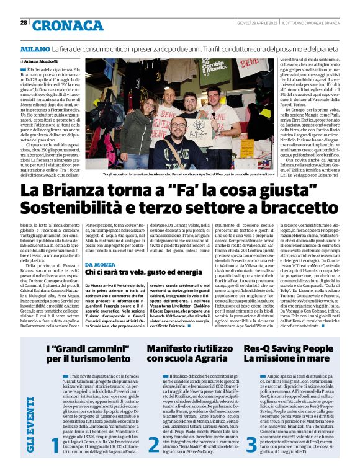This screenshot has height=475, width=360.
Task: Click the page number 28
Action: (24, 22)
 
